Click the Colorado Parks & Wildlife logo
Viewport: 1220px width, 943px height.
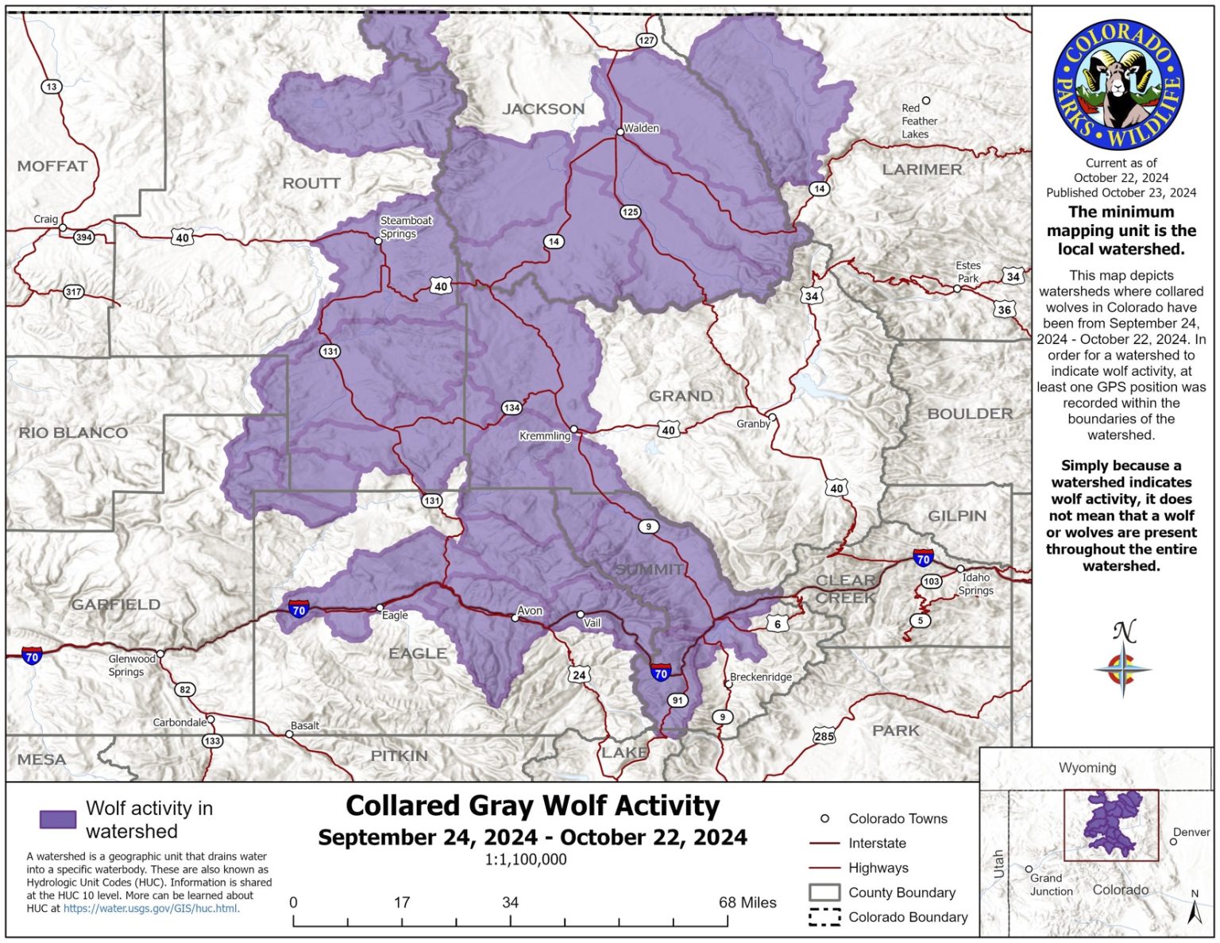point(1118,86)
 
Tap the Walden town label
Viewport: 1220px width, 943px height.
point(641,128)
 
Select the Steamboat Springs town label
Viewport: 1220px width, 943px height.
point(405,227)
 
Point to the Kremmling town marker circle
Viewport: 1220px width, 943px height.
point(574,430)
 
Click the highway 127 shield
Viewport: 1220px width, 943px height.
point(646,41)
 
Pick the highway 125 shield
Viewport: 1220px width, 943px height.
point(630,212)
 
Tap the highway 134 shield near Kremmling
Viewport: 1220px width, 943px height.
point(512,408)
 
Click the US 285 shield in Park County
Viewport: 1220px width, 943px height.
point(824,736)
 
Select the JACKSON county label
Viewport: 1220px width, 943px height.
point(543,109)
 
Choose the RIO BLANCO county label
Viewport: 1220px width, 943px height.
point(73,433)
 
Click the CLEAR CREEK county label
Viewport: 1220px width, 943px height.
point(845,589)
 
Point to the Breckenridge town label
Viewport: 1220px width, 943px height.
point(761,677)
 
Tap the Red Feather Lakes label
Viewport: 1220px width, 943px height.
point(918,121)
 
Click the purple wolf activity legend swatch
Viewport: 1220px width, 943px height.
point(58,819)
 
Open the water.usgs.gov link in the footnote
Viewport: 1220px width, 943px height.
point(151,908)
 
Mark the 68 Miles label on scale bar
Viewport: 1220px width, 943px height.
point(747,902)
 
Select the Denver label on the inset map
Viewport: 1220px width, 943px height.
point(1191,832)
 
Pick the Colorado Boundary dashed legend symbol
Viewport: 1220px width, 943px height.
point(824,917)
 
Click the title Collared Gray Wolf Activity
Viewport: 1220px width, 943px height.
point(532,806)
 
